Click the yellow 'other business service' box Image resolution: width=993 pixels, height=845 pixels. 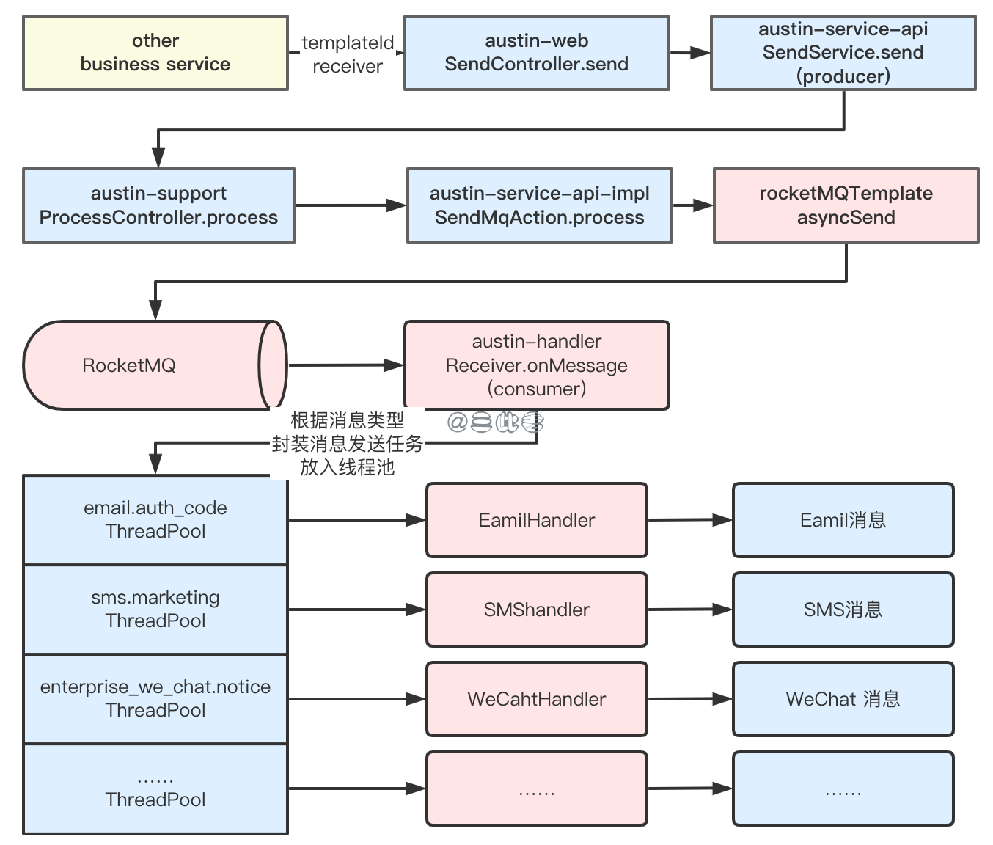[x=155, y=53]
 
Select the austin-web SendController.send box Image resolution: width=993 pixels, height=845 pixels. [x=536, y=53]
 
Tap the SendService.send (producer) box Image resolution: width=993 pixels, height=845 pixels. [x=843, y=53]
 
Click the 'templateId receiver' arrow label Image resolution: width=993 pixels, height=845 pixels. [x=347, y=55]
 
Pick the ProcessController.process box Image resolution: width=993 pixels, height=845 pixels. [x=158, y=205]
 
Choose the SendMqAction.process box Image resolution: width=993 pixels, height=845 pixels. [x=539, y=205]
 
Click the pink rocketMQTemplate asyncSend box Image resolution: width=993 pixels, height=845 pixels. [x=846, y=205]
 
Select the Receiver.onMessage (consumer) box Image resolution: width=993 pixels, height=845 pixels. [x=536, y=365]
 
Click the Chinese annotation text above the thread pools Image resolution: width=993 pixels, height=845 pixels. [x=347, y=444]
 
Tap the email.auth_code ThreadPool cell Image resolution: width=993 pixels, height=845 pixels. [x=155, y=519]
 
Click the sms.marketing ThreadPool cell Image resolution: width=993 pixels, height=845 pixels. [x=155, y=609]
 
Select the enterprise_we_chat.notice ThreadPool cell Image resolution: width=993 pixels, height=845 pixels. [x=155, y=698]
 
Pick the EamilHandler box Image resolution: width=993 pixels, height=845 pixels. [x=536, y=520]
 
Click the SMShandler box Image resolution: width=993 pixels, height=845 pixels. [x=536, y=610]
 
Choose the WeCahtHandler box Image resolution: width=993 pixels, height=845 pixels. [x=536, y=699]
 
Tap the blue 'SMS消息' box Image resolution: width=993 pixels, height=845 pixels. [x=843, y=610]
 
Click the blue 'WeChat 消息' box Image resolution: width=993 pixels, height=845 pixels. [x=843, y=699]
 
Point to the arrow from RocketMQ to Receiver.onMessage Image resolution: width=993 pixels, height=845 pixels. [x=345, y=365]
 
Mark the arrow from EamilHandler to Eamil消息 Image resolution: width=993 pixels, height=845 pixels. [x=689, y=520]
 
